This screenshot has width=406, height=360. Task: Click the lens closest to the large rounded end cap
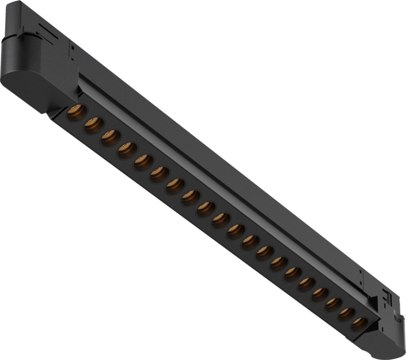(x=77, y=113)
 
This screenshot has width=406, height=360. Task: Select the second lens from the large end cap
(x=94, y=125)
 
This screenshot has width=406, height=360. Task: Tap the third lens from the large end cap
(x=110, y=138)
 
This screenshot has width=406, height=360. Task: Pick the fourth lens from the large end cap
(x=127, y=150)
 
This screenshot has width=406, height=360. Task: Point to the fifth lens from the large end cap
(x=143, y=162)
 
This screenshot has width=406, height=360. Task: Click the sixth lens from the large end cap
(x=159, y=174)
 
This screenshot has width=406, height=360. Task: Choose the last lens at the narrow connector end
(x=359, y=324)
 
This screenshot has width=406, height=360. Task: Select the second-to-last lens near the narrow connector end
(x=346, y=314)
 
